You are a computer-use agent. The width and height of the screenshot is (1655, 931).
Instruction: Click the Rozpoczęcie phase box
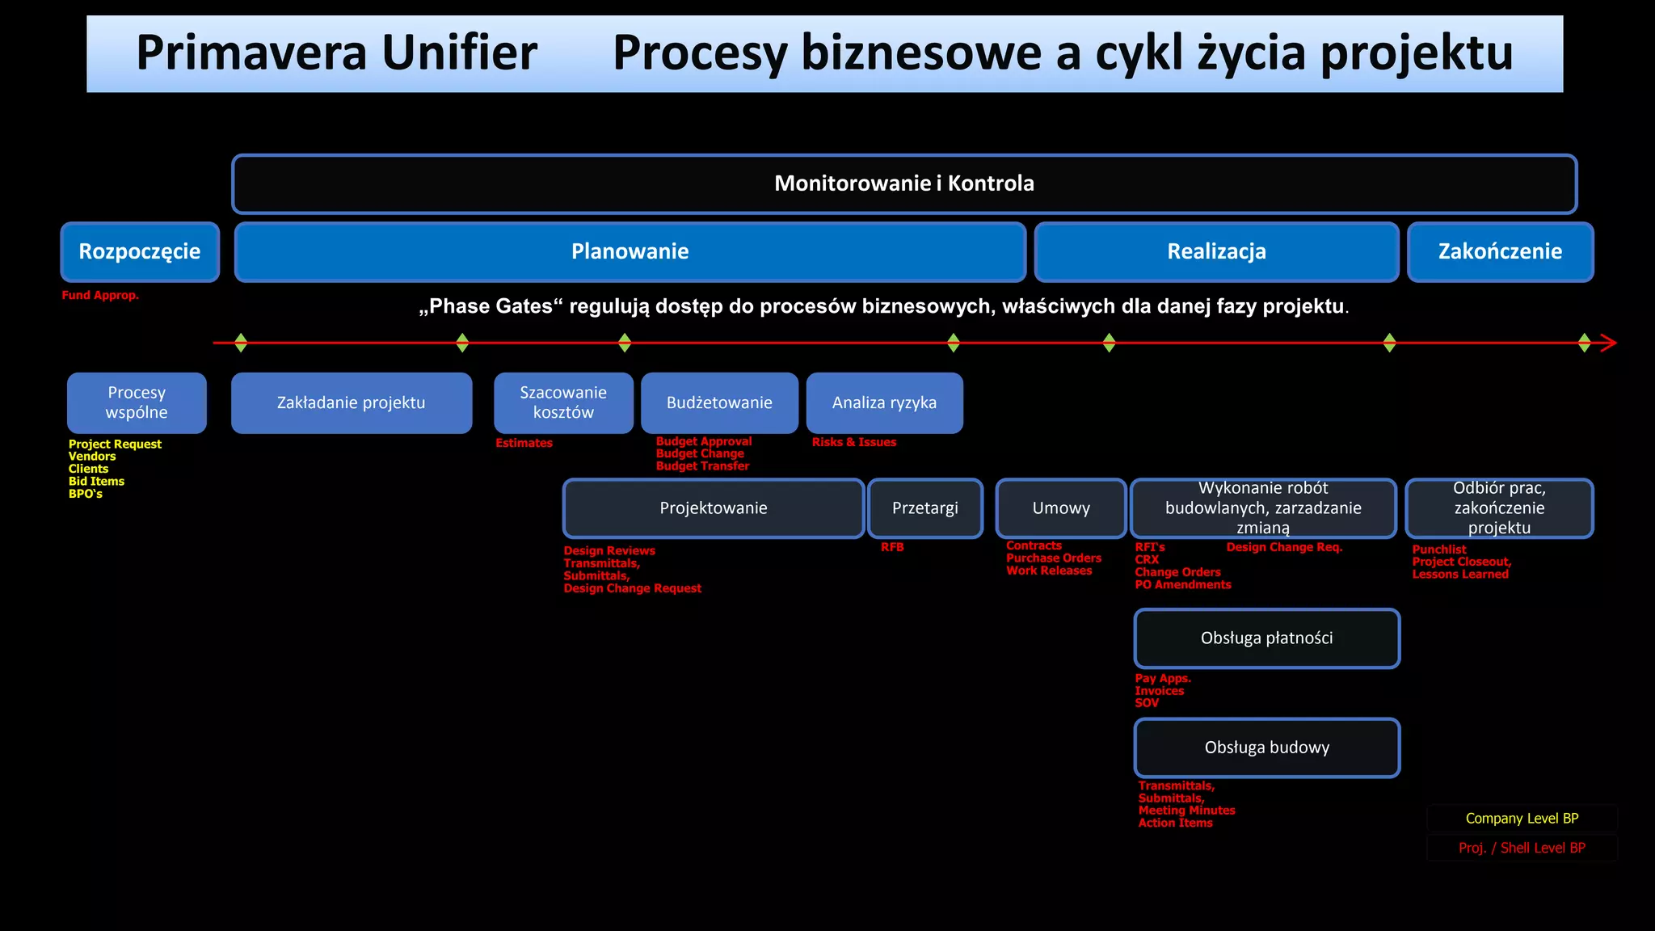[140, 251]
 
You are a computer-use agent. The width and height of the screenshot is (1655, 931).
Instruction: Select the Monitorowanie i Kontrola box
[903, 183]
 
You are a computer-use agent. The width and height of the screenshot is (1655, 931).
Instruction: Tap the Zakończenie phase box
[1500, 251]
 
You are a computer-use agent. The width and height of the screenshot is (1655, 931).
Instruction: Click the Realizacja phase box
[1216, 251]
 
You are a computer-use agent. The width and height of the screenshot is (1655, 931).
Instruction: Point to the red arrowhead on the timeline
[1608, 343]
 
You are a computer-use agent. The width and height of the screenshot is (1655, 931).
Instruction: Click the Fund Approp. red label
[100, 295]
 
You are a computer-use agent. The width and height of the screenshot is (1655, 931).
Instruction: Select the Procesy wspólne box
[137, 402]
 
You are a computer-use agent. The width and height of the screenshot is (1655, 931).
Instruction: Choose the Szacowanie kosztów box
[563, 402]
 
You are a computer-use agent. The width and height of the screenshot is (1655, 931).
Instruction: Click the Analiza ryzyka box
[884, 402]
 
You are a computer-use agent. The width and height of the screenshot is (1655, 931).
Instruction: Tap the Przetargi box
[924, 508]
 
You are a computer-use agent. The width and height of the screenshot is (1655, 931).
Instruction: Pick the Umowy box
[1060, 508]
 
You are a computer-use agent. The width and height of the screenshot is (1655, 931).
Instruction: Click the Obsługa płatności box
[1266, 638]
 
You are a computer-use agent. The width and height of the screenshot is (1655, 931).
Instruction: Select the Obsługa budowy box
[1266, 748]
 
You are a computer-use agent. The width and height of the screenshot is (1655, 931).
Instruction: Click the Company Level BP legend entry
[1522, 818]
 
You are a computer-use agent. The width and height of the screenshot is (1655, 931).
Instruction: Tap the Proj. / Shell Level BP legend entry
[1522, 848]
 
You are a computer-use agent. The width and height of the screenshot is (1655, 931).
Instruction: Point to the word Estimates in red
[524, 443]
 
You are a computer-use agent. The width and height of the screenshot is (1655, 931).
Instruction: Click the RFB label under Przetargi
[892, 547]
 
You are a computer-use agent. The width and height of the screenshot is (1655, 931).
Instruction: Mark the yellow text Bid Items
[96, 481]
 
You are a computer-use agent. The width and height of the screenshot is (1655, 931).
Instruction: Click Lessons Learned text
[1459, 574]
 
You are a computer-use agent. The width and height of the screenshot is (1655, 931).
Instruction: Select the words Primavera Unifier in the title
[336, 53]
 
